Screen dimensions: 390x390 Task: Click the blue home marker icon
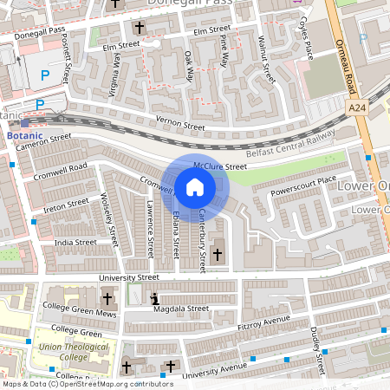195,186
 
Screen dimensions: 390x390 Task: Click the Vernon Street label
179,126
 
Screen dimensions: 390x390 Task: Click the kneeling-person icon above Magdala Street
156,299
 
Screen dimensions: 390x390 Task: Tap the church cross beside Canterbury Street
217,254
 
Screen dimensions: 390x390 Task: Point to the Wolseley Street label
109,218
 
